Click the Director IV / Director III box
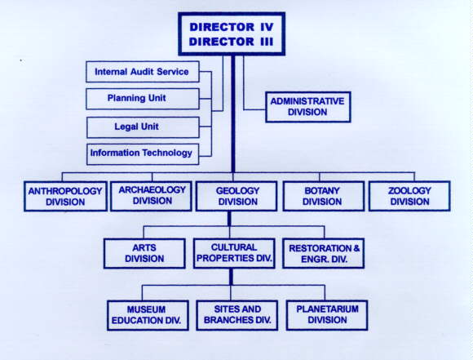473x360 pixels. (232, 33)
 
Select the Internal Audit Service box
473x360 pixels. (143, 72)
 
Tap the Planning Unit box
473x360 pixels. (143, 99)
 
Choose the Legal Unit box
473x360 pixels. (143, 127)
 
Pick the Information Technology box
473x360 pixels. (143, 154)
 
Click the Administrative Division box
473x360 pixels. (308, 107)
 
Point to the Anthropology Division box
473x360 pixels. (65, 196)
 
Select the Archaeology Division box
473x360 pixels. (151, 196)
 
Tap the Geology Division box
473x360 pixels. (236, 196)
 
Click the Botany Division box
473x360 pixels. (324, 196)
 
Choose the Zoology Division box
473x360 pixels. (409, 196)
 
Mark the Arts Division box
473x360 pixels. (144, 253)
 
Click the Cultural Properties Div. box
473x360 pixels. (234, 253)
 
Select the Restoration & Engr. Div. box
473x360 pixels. (324, 253)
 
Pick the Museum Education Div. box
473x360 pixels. (148, 315)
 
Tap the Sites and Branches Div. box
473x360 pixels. (237, 315)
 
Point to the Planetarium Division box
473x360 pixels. (327, 315)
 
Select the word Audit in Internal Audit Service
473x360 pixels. (142, 72)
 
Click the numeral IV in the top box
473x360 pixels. (267, 27)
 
